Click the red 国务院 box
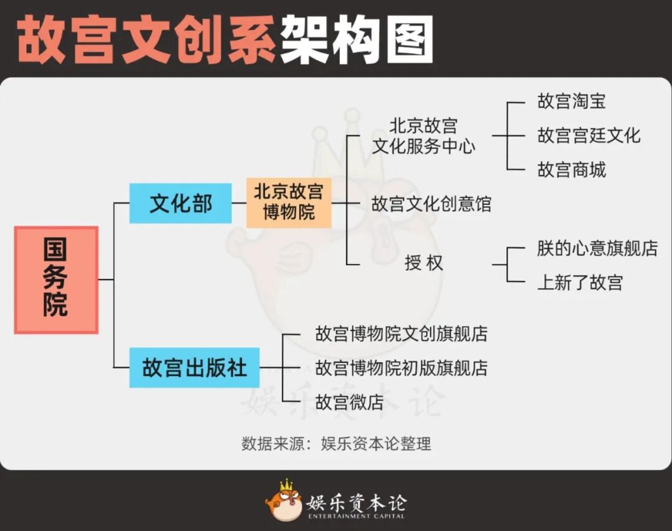coord(56,280)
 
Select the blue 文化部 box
coord(181,204)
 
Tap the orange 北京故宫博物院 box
coord(289,203)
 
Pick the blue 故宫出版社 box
coord(194,368)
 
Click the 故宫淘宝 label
coord(572,101)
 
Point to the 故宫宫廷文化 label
coord(589,135)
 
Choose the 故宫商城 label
coord(572,170)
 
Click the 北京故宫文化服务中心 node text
coord(424,136)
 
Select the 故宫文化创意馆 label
coord(431,204)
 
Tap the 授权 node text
coord(424,263)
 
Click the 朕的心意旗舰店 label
coord(597,248)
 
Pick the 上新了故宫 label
coord(580,283)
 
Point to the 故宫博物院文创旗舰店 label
coord(401,334)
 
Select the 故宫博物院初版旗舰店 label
coord(401,368)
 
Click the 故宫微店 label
coord(350,402)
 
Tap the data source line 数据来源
coord(336,444)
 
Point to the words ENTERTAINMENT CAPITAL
coord(356,516)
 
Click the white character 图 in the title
coord(409,40)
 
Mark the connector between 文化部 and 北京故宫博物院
coord(239,203)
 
